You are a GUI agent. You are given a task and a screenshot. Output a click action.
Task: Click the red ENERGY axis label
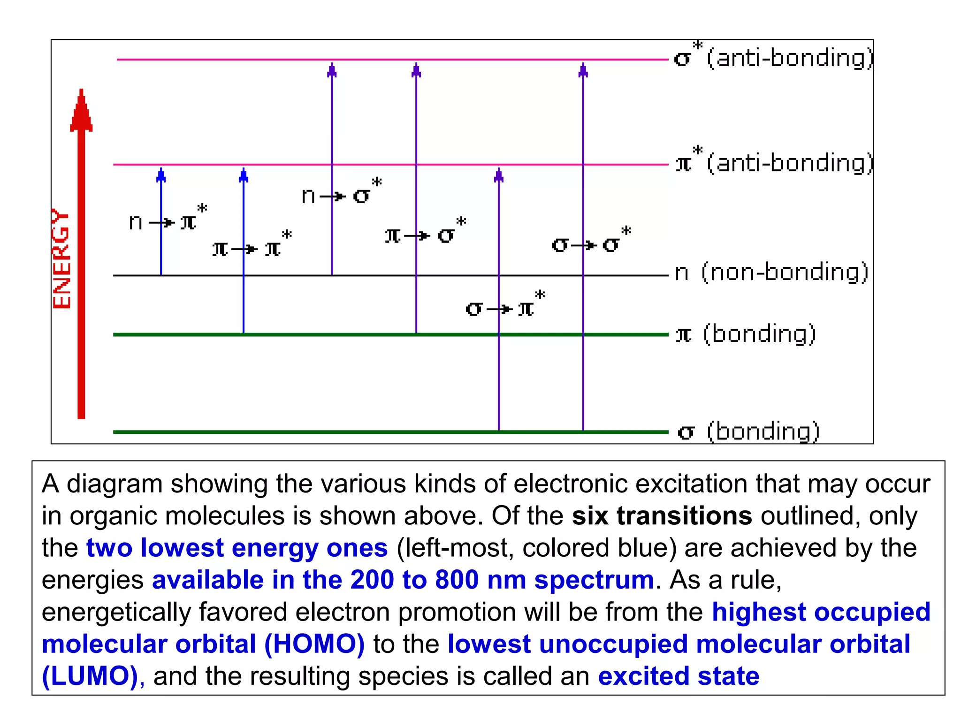(x=61, y=259)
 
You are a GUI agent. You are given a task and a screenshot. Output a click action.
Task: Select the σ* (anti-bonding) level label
(x=773, y=58)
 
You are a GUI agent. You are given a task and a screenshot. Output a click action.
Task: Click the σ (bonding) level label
(x=749, y=431)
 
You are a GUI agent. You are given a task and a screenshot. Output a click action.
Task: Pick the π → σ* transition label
(x=425, y=233)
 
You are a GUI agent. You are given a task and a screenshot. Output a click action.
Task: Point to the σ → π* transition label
(x=505, y=306)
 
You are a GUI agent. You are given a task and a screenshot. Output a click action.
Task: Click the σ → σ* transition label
(x=591, y=242)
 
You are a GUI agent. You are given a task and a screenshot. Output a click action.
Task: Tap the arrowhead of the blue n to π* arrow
(x=161, y=175)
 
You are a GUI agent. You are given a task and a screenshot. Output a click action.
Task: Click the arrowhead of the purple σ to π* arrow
(x=499, y=175)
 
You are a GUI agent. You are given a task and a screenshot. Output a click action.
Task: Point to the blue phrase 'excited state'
(x=679, y=676)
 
